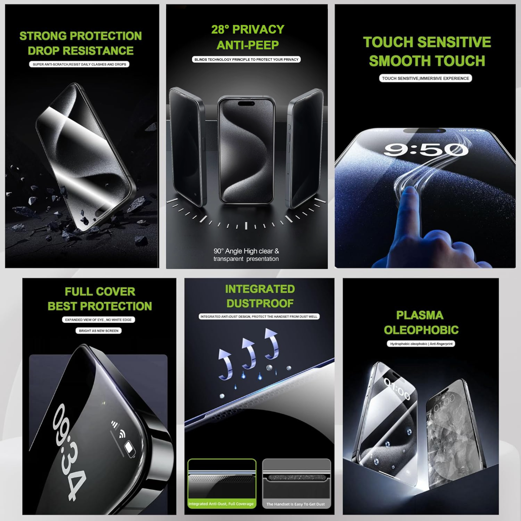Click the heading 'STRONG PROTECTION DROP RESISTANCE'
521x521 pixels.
point(80,43)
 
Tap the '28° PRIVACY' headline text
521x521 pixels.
point(248,29)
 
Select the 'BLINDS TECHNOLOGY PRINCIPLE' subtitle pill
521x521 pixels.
point(246,60)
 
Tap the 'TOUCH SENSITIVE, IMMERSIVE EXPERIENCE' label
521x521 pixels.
point(425,78)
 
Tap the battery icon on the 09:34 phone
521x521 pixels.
point(130,449)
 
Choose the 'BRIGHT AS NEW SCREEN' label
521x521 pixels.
point(98,331)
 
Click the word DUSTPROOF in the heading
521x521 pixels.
point(260,303)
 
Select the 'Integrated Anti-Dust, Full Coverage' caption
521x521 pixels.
point(221,504)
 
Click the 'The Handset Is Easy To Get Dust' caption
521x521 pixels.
point(296,504)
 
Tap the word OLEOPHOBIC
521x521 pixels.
point(421,330)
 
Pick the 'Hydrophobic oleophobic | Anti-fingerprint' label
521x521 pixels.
point(421,344)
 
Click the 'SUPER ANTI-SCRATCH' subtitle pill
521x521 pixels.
point(79,64)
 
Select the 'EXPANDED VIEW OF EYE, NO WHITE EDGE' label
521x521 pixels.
point(98,320)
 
